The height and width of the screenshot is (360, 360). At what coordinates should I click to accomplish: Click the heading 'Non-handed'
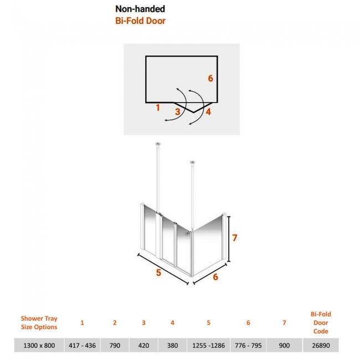[x=140, y=9]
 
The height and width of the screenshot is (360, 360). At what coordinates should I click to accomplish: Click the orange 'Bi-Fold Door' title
[x=140, y=21]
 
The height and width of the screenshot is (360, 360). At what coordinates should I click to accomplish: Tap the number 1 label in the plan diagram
[x=158, y=107]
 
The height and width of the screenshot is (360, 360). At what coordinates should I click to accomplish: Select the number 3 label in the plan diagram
[x=177, y=112]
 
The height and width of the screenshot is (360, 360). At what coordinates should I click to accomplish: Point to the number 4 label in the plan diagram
[x=208, y=112]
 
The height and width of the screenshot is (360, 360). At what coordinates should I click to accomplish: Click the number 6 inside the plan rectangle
[x=210, y=79]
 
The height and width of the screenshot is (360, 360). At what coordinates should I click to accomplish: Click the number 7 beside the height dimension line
[x=234, y=238]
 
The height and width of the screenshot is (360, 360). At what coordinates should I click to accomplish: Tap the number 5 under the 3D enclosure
[x=158, y=272]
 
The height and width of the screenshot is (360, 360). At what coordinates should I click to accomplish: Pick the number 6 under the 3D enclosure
[x=215, y=277]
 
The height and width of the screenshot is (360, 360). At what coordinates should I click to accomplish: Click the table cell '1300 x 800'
[x=39, y=345]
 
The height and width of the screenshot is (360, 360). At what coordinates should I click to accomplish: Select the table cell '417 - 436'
[x=82, y=345]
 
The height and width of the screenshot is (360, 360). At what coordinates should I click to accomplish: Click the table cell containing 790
[x=115, y=345]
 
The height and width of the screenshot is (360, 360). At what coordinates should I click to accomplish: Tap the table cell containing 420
[x=144, y=345]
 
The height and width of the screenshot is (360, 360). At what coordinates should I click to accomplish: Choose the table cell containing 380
[x=172, y=345]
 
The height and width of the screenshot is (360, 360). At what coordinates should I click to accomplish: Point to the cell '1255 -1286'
[x=208, y=345]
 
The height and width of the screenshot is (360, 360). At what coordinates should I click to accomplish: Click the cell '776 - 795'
[x=248, y=345]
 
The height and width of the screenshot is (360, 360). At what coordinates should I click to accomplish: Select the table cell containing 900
[x=284, y=345]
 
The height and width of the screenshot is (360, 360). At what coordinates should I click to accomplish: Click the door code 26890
[x=321, y=345]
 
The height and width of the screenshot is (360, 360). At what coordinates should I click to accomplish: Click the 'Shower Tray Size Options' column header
[x=39, y=322]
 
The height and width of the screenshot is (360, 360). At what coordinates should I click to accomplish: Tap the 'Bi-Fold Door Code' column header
[x=321, y=322]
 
